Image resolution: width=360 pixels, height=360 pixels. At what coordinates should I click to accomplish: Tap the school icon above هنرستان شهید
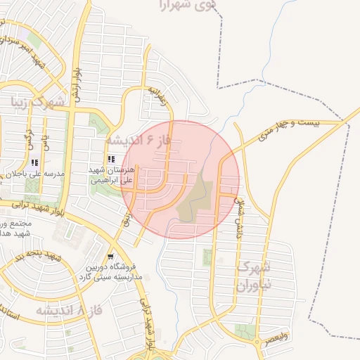click(x=110, y=159)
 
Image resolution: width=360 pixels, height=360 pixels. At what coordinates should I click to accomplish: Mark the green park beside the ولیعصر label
click(x=245, y=330)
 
